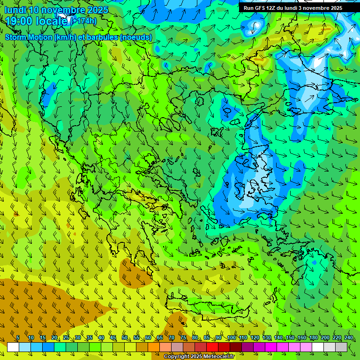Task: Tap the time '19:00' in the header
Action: (x=22, y=21)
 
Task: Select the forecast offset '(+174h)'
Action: (x=84, y=21)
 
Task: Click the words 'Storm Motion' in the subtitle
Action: (x=29, y=37)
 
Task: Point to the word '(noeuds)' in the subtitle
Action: (x=136, y=37)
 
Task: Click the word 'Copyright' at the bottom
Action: (x=176, y=357)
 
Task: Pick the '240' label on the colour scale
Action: (x=348, y=338)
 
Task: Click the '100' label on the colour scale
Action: (x=231, y=338)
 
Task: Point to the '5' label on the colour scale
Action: (x=18, y=338)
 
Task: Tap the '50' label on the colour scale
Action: (x=125, y=338)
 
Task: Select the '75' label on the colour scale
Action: (x=183, y=338)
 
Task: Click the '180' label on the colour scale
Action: (x=313, y=338)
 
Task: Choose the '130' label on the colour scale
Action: (x=266, y=338)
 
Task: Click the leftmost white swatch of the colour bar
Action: (x=13, y=347)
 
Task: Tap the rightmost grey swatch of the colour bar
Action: (x=341, y=347)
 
